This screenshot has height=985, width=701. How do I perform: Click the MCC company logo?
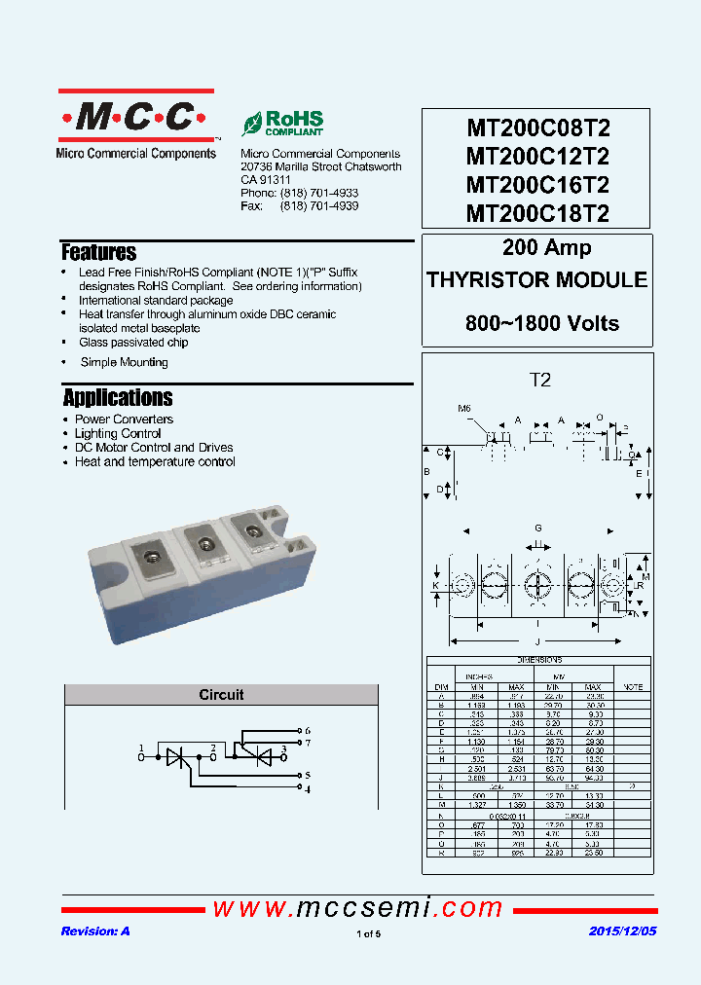136,118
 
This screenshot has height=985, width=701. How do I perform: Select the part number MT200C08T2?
537,128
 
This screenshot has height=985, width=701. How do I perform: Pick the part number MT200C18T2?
537,213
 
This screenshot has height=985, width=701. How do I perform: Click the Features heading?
98,253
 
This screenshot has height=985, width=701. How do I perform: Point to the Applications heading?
118,398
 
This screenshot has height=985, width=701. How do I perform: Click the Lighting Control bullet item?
118,433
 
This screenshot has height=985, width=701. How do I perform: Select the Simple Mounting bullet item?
124,362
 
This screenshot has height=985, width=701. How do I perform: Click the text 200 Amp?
546,248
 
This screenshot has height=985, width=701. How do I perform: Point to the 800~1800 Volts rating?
541,323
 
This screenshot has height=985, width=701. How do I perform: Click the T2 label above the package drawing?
539,381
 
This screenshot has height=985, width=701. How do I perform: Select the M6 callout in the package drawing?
464,408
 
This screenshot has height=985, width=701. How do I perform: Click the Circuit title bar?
221,695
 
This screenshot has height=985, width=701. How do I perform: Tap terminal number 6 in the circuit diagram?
308,730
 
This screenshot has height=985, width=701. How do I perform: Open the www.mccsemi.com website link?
357,908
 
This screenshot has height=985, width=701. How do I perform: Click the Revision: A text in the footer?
95,931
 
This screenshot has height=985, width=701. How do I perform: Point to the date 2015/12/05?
623,931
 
